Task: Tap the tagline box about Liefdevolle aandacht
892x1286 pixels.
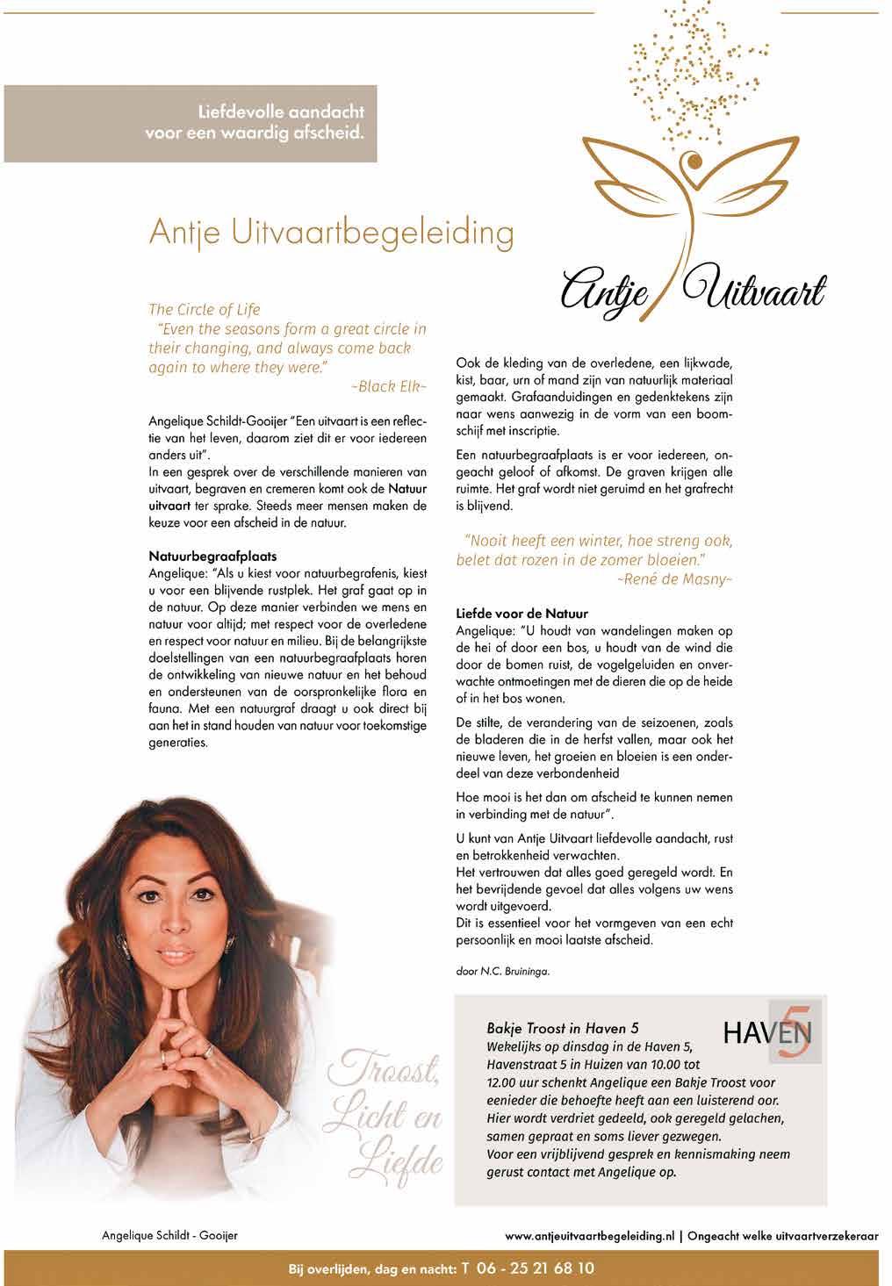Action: click(190, 124)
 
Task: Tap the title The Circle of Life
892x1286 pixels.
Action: click(205, 309)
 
